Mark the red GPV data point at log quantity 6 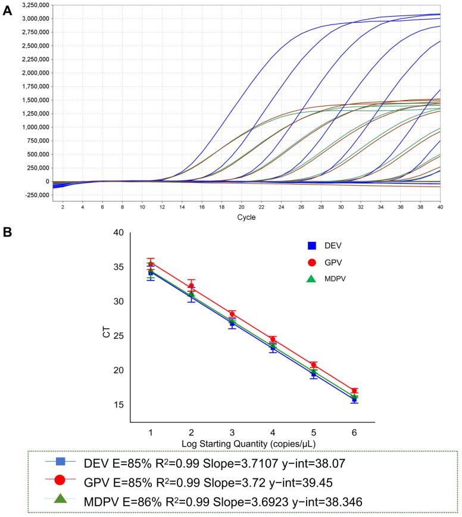tap(354, 391)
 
